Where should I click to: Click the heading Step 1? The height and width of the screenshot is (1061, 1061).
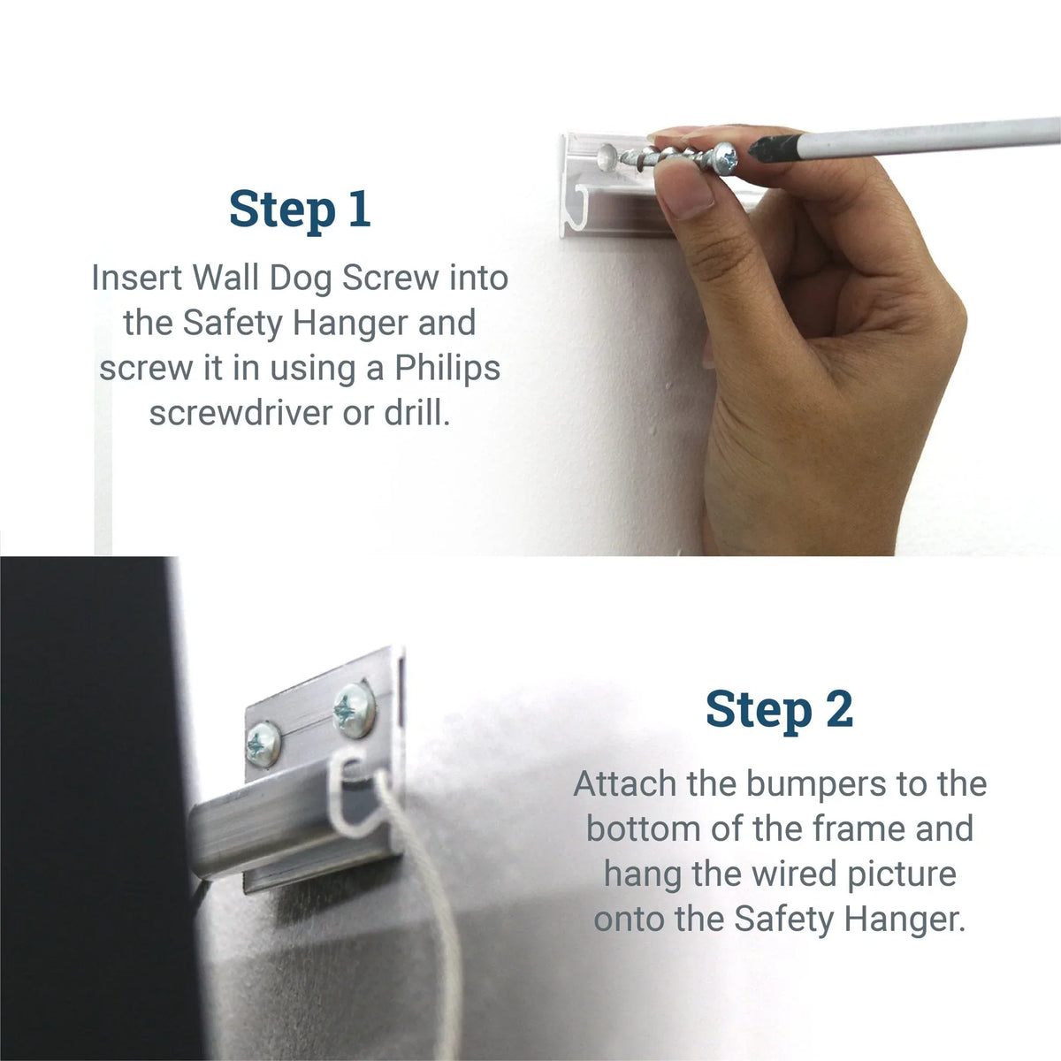pos(299,210)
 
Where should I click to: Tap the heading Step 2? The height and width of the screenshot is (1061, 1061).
pos(779,710)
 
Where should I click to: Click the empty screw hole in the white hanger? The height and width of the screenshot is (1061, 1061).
pos(607,159)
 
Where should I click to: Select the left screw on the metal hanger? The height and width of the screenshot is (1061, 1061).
pos(263,744)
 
